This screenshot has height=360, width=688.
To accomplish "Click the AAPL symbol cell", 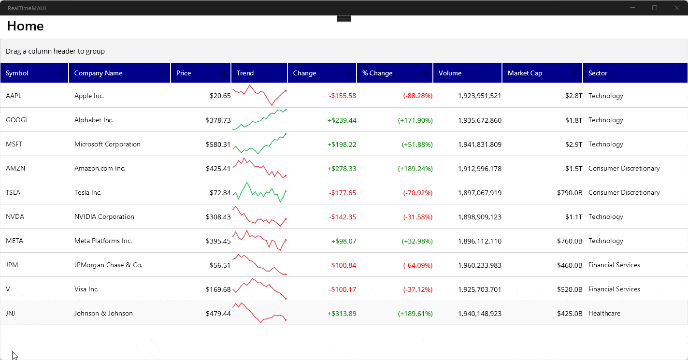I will click(14, 96).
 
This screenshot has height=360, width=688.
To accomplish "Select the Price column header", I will click(184, 73).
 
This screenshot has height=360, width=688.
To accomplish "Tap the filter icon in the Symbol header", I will click(61, 72).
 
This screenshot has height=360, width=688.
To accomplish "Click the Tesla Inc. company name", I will click(88, 192).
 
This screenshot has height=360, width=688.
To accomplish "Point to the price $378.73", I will click(218, 120).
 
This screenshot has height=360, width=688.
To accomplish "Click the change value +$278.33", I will click(342, 168).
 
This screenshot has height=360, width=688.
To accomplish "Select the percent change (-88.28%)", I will click(417, 96).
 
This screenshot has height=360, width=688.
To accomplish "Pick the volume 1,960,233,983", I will click(479, 265).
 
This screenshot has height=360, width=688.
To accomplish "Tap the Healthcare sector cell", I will click(604, 313).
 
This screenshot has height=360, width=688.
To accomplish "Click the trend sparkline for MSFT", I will click(259, 144).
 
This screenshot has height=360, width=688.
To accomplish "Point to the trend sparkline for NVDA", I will click(259, 216).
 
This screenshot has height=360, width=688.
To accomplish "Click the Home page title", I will click(26, 26).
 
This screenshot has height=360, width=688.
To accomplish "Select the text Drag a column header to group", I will click(55, 51).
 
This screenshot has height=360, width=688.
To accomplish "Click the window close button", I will click(677, 8).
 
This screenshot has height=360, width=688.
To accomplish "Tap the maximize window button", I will click(655, 8).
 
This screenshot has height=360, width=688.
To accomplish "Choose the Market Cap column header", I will click(525, 73).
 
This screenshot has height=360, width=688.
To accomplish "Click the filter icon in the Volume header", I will click(495, 72).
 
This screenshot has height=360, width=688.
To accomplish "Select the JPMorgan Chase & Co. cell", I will click(108, 265).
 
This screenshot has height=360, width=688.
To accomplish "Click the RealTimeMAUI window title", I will click(27, 8).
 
